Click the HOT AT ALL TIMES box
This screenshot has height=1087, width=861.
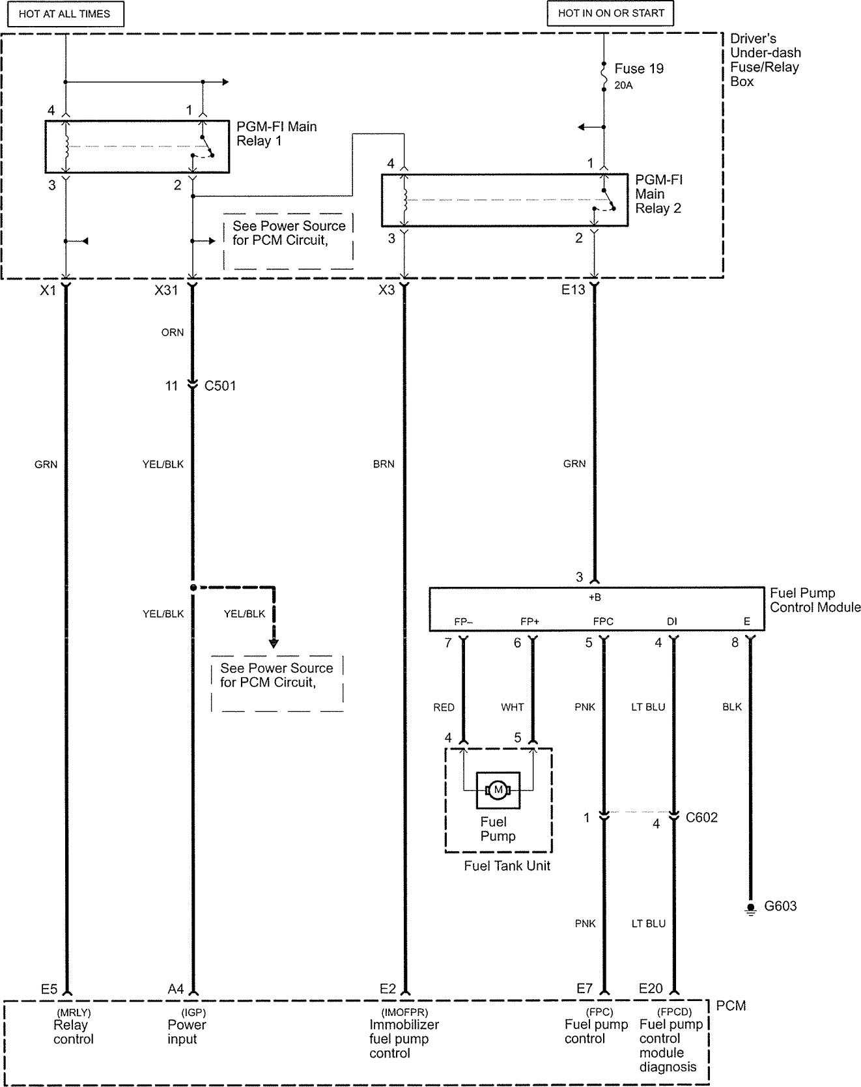[64, 14]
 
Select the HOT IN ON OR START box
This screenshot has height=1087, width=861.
[610, 13]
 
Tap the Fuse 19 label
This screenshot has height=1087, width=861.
[638, 69]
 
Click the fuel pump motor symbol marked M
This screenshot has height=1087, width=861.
[498, 790]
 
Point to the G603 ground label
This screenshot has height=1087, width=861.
[780, 906]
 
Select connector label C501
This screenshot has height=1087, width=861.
[220, 386]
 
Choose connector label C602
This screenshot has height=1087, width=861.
[701, 817]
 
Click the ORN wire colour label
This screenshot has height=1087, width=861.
[173, 333]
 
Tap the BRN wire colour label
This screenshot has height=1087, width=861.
[384, 464]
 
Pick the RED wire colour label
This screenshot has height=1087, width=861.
[444, 707]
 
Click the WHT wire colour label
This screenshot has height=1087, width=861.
[513, 707]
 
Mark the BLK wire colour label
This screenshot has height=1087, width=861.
[732, 707]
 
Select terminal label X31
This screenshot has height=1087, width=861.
[166, 290]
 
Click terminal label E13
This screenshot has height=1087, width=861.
[574, 290]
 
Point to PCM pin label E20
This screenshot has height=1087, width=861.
[651, 989]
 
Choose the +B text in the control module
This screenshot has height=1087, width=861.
[595, 597]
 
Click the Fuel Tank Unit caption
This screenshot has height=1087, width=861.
[507, 866]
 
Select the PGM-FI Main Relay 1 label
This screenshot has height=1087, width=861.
[276, 134]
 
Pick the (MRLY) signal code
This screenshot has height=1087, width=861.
[74, 1013]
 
